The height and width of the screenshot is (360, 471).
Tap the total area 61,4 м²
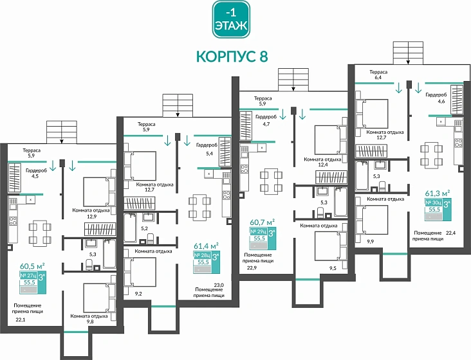(x=206, y=245)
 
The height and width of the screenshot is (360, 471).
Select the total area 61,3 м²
(x=438, y=192)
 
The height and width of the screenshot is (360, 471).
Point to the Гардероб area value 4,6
(x=441, y=101)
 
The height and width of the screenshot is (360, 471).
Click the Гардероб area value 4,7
(x=266, y=125)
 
